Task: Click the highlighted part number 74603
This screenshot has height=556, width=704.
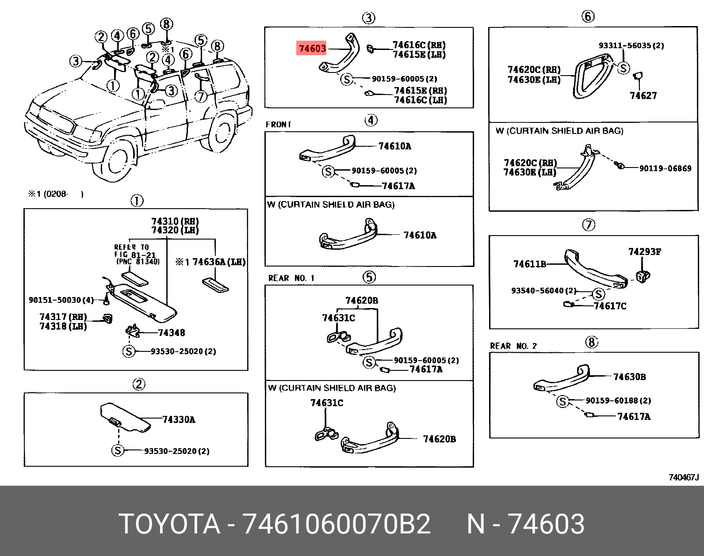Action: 312,48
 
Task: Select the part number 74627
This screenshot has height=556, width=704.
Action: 643,95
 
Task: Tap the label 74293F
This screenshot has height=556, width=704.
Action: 645,252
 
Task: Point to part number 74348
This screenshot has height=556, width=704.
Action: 172,333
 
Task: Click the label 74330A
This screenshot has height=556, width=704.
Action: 178,419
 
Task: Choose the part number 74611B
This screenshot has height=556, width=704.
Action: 529,264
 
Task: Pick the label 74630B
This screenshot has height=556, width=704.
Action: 629,377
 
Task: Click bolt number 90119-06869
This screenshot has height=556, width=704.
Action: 665,168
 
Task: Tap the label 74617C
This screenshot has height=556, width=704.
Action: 610,306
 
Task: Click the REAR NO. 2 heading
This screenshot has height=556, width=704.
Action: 513,346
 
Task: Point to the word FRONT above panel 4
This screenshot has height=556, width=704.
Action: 278,125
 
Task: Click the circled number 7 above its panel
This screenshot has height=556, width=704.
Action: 588,225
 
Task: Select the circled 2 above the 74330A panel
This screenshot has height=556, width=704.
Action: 138,385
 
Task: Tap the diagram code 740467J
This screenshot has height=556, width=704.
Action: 683,477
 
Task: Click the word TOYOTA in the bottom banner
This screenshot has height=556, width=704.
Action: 170,524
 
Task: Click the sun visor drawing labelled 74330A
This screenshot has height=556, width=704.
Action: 126,418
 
